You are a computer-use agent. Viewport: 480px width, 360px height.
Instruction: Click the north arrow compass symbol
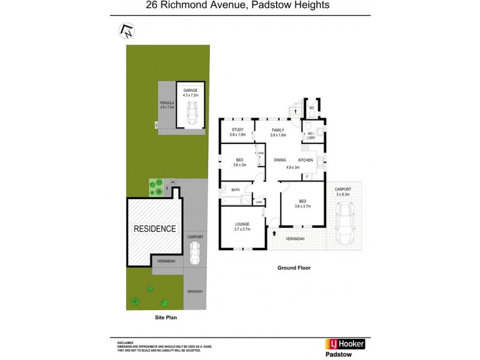pos(127,29)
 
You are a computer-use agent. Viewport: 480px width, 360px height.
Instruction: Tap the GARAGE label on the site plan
pos(190,91)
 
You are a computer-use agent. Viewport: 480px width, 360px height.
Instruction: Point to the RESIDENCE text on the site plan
pos(154,229)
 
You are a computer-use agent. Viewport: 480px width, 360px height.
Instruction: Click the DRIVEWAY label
pos(195,292)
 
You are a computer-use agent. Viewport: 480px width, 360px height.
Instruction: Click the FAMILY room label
pos(277,130)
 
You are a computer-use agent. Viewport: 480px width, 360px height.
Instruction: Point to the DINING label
pos(280,160)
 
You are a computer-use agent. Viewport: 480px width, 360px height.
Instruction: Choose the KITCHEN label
pos(306,160)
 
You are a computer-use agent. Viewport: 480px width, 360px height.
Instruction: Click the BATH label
pos(235,190)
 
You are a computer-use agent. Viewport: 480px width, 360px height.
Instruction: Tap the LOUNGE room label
pos(242,224)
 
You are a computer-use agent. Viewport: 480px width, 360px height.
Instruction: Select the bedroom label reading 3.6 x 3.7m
pos(302,204)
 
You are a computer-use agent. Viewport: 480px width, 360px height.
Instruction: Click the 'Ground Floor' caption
pos(293,268)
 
